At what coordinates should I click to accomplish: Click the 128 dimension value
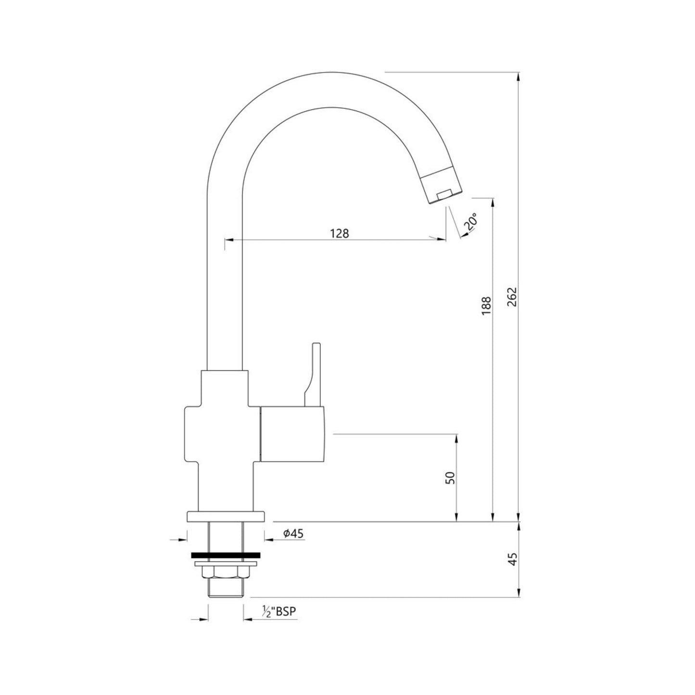pyautogui.click(x=340, y=233)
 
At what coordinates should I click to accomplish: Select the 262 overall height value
pyautogui.click(x=512, y=297)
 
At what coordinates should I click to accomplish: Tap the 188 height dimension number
pyautogui.click(x=486, y=306)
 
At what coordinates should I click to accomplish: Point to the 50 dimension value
pyautogui.click(x=451, y=478)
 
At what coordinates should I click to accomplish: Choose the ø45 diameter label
pyautogui.click(x=293, y=533)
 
